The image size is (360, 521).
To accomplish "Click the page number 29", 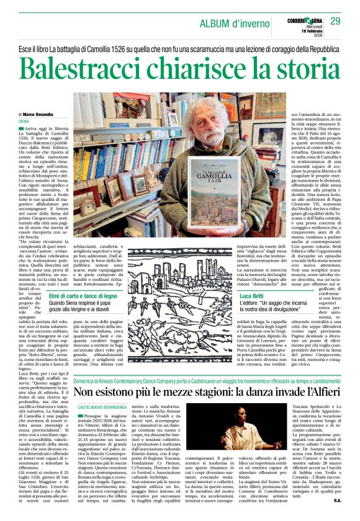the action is tap(336, 22).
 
